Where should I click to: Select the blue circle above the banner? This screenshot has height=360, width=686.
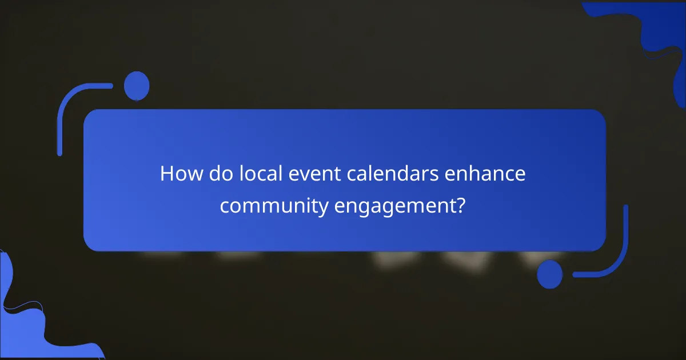click(137, 86)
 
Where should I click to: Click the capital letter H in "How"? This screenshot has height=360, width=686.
click(167, 174)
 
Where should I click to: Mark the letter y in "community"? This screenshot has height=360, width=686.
click(324, 207)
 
